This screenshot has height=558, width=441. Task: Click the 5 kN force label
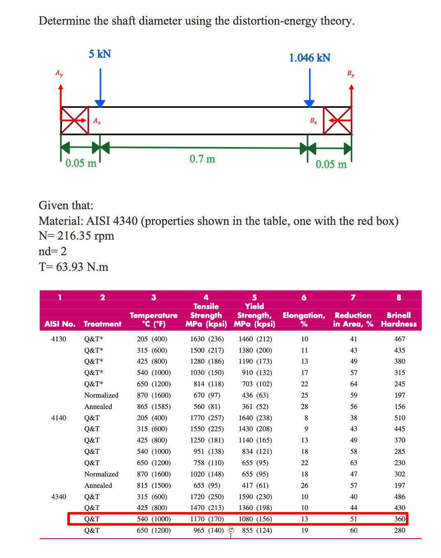[x=100, y=54]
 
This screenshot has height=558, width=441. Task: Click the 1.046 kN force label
[x=310, y=58]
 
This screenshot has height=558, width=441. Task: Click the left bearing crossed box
[x=75, y=120]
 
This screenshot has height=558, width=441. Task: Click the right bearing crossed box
[x=337, y=120]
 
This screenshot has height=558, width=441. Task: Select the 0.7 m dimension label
[x=202, y=159]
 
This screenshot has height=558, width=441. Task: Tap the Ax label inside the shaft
[x=97, y=121]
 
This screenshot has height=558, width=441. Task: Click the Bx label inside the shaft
[x=313, y=121]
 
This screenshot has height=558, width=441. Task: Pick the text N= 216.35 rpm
[x=76, y=236]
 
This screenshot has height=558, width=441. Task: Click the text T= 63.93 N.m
[x=73, y=267]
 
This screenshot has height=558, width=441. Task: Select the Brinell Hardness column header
[x=398, y=320]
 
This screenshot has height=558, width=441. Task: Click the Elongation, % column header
[x=304, y=320]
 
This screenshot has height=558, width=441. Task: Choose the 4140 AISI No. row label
[x=59, y=418]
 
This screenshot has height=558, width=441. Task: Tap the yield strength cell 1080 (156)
[x=255, y=519]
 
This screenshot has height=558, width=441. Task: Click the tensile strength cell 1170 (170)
[x=207, y=519]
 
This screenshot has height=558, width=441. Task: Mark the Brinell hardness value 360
[x=400, y=519]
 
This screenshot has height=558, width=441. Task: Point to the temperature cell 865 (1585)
[x=154, y=407]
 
